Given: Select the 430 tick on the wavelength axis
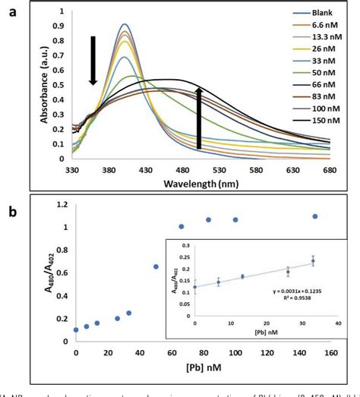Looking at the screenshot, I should pyautogui.click(x=163, y=171).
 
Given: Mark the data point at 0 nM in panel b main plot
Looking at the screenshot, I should pyautogui.click(x=76, y=329).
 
